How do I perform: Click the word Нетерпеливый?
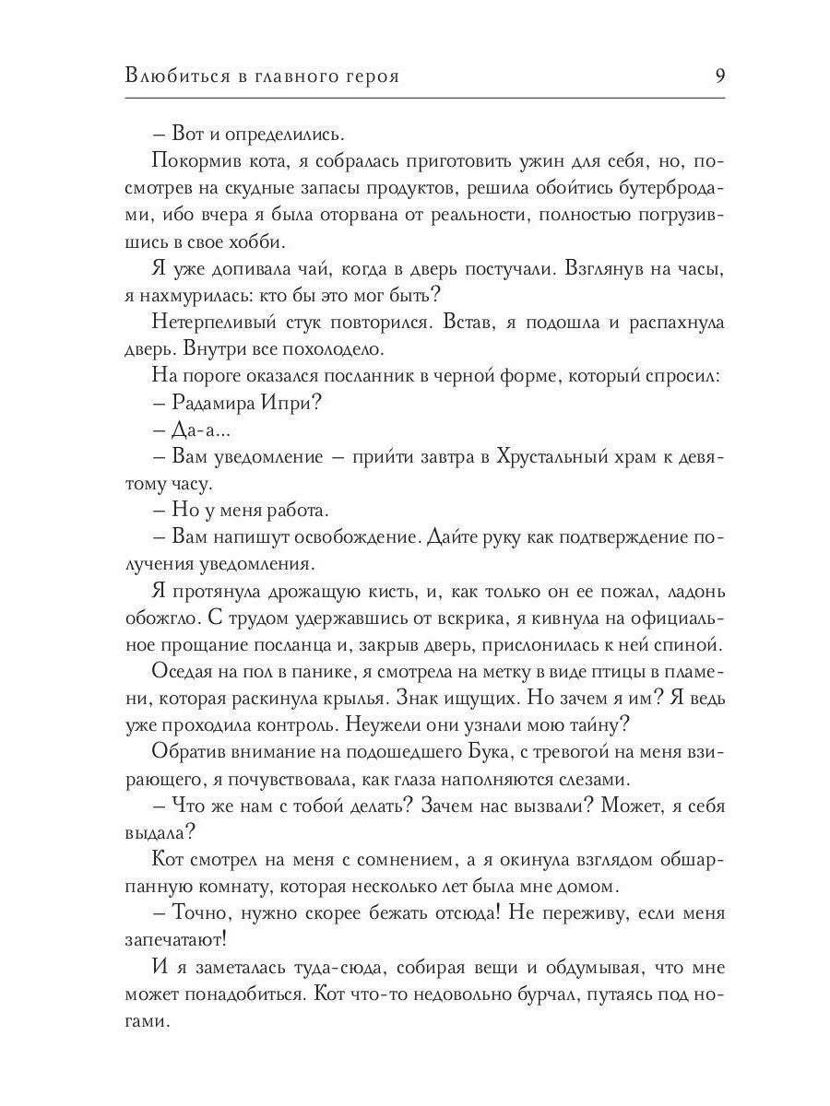[201, 323]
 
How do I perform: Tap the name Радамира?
[213, 403]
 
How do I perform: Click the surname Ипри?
[288, 403]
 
